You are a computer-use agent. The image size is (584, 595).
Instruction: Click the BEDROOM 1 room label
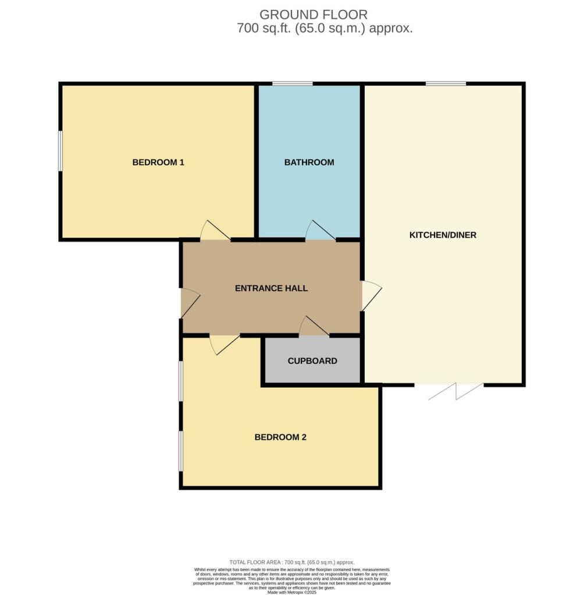158,162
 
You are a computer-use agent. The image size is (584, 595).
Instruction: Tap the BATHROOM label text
309,162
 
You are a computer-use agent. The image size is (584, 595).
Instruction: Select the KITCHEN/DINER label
443,235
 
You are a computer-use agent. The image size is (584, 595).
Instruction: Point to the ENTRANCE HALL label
271,288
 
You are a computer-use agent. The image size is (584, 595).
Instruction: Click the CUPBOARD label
312,361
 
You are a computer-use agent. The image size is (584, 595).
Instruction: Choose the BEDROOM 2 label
280,438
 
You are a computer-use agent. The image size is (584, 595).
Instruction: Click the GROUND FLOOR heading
314,15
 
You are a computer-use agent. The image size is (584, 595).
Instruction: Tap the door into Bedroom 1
214,231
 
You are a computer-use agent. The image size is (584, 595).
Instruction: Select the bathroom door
320,231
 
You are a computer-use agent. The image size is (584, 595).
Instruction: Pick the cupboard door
314,327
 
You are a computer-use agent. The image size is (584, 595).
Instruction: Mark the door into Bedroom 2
224,344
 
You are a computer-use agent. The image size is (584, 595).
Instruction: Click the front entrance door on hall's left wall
190,303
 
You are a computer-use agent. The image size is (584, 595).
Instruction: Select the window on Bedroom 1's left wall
60,150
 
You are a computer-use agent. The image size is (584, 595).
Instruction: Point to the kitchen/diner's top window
446,84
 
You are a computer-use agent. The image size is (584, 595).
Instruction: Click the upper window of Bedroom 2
181,381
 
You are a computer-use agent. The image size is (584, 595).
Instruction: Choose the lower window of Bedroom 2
181,451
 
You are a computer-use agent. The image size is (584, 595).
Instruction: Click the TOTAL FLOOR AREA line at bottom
292,562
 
